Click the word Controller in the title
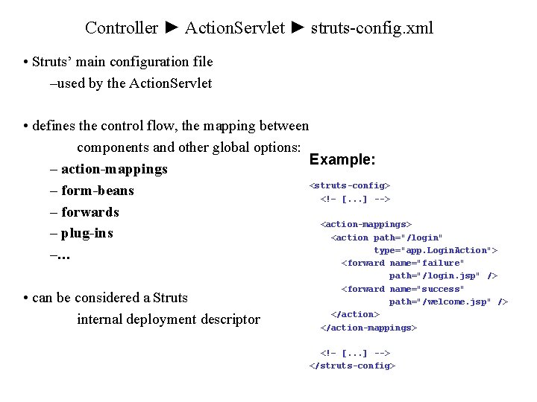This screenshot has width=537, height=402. [122, 28]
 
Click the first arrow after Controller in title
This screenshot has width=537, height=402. [172, 28]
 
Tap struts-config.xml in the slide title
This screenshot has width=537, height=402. [371, 28]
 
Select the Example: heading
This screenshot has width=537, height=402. [342, 160]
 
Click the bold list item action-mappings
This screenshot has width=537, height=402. [114, 169]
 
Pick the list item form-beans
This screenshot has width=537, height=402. [98, 191]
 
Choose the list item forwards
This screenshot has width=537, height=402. [90, 212]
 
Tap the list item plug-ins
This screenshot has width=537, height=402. [87, 234]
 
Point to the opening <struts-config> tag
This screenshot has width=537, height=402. [350, 185]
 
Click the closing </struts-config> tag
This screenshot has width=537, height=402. [352, 366]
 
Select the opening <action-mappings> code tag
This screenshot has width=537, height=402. [366, 224]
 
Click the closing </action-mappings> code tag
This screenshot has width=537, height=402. [368, 328]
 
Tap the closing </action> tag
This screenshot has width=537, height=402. [355, 314]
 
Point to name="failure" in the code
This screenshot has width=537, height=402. [427, 263]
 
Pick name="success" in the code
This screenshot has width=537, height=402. [427, 289]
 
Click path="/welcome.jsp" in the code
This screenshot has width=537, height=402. [440, 301]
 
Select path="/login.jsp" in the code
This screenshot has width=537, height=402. [435, 275]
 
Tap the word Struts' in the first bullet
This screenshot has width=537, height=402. [51, 62]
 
